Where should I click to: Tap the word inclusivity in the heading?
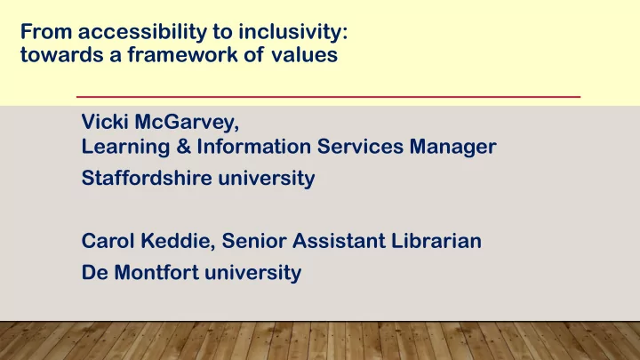[x=292, y=32]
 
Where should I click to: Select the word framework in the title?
[x=182, y=54]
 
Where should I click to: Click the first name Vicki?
[x=105, y=121]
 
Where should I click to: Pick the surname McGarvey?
[x=187, y=123]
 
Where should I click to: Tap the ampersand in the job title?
[x=183, y=146]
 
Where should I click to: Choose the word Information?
[x=254, y=146]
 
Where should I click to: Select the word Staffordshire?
[x=147, y=178]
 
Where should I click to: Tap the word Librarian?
[x=436, y=240]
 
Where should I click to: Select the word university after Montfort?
[x=253, y=273]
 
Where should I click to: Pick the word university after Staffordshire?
[x=267, y=179]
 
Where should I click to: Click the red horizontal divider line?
[x=328, y=97]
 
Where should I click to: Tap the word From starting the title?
[x=46, y=32]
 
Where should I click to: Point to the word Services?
[x=360, y=146]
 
